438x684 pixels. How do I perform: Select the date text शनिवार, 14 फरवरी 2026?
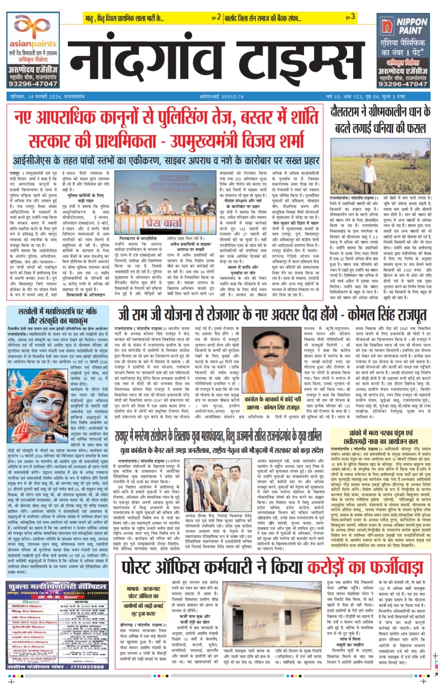click(x=47, y=97)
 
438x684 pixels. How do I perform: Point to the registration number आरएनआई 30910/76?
click(x=221, y=97)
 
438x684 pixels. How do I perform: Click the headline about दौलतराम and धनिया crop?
click(x=380, y=120)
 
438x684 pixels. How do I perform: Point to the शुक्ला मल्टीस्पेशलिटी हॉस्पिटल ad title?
click(x=57, y=586)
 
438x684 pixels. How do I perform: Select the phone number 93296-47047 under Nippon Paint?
click(x=403, y=84)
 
